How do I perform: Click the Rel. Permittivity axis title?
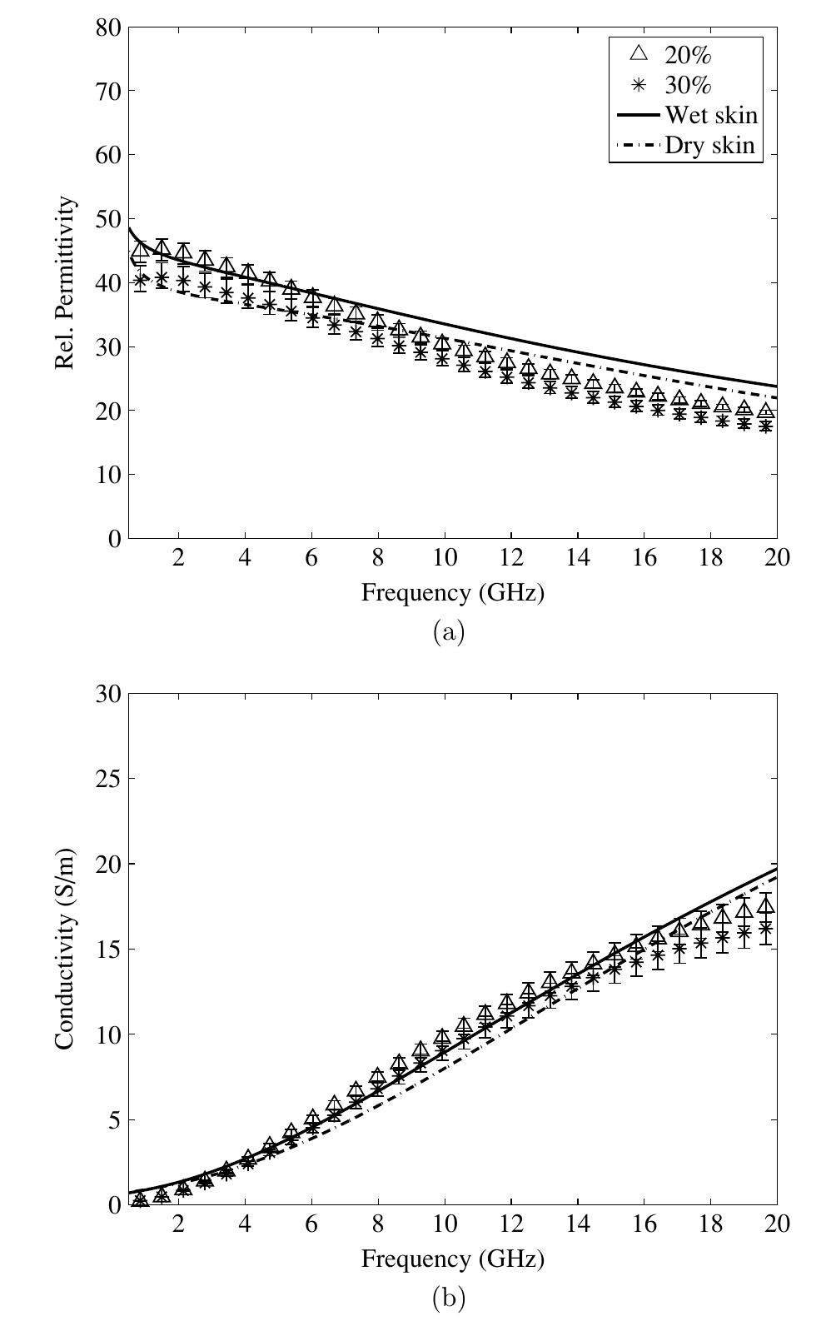click(66, 282)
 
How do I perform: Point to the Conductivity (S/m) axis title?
click(66, 950)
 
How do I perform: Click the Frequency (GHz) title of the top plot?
click(452, 593)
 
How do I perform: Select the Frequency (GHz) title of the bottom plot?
click(452, 1259)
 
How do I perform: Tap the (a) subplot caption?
click(450, 632)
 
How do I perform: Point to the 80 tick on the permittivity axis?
click(107, 27)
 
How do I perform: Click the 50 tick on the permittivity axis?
click(107, 219)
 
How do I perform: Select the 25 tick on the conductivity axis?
click(107, 779)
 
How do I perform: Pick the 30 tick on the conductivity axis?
click(107, 694)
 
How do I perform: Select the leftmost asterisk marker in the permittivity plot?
click(140, 281)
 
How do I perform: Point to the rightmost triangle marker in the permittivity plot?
click(766, 411)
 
